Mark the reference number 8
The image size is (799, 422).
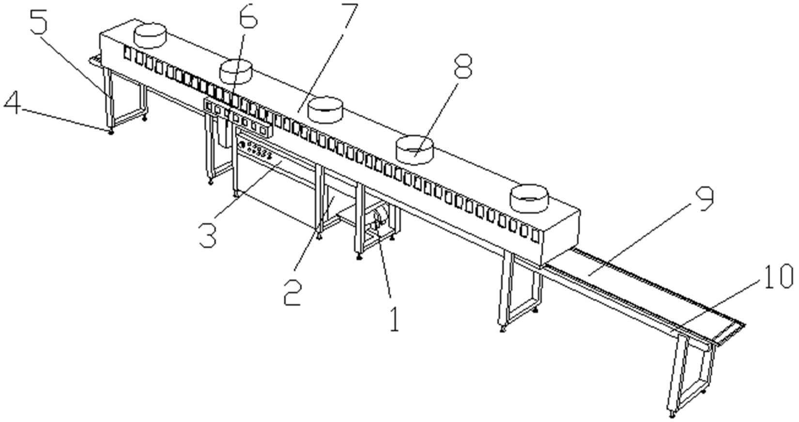tap(462, 66)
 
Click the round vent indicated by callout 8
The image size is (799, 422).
tap(414, 150)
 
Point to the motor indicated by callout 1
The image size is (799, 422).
tap(380, 219)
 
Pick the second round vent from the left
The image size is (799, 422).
tap(236, 71)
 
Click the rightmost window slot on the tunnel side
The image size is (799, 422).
tap(535, 236)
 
